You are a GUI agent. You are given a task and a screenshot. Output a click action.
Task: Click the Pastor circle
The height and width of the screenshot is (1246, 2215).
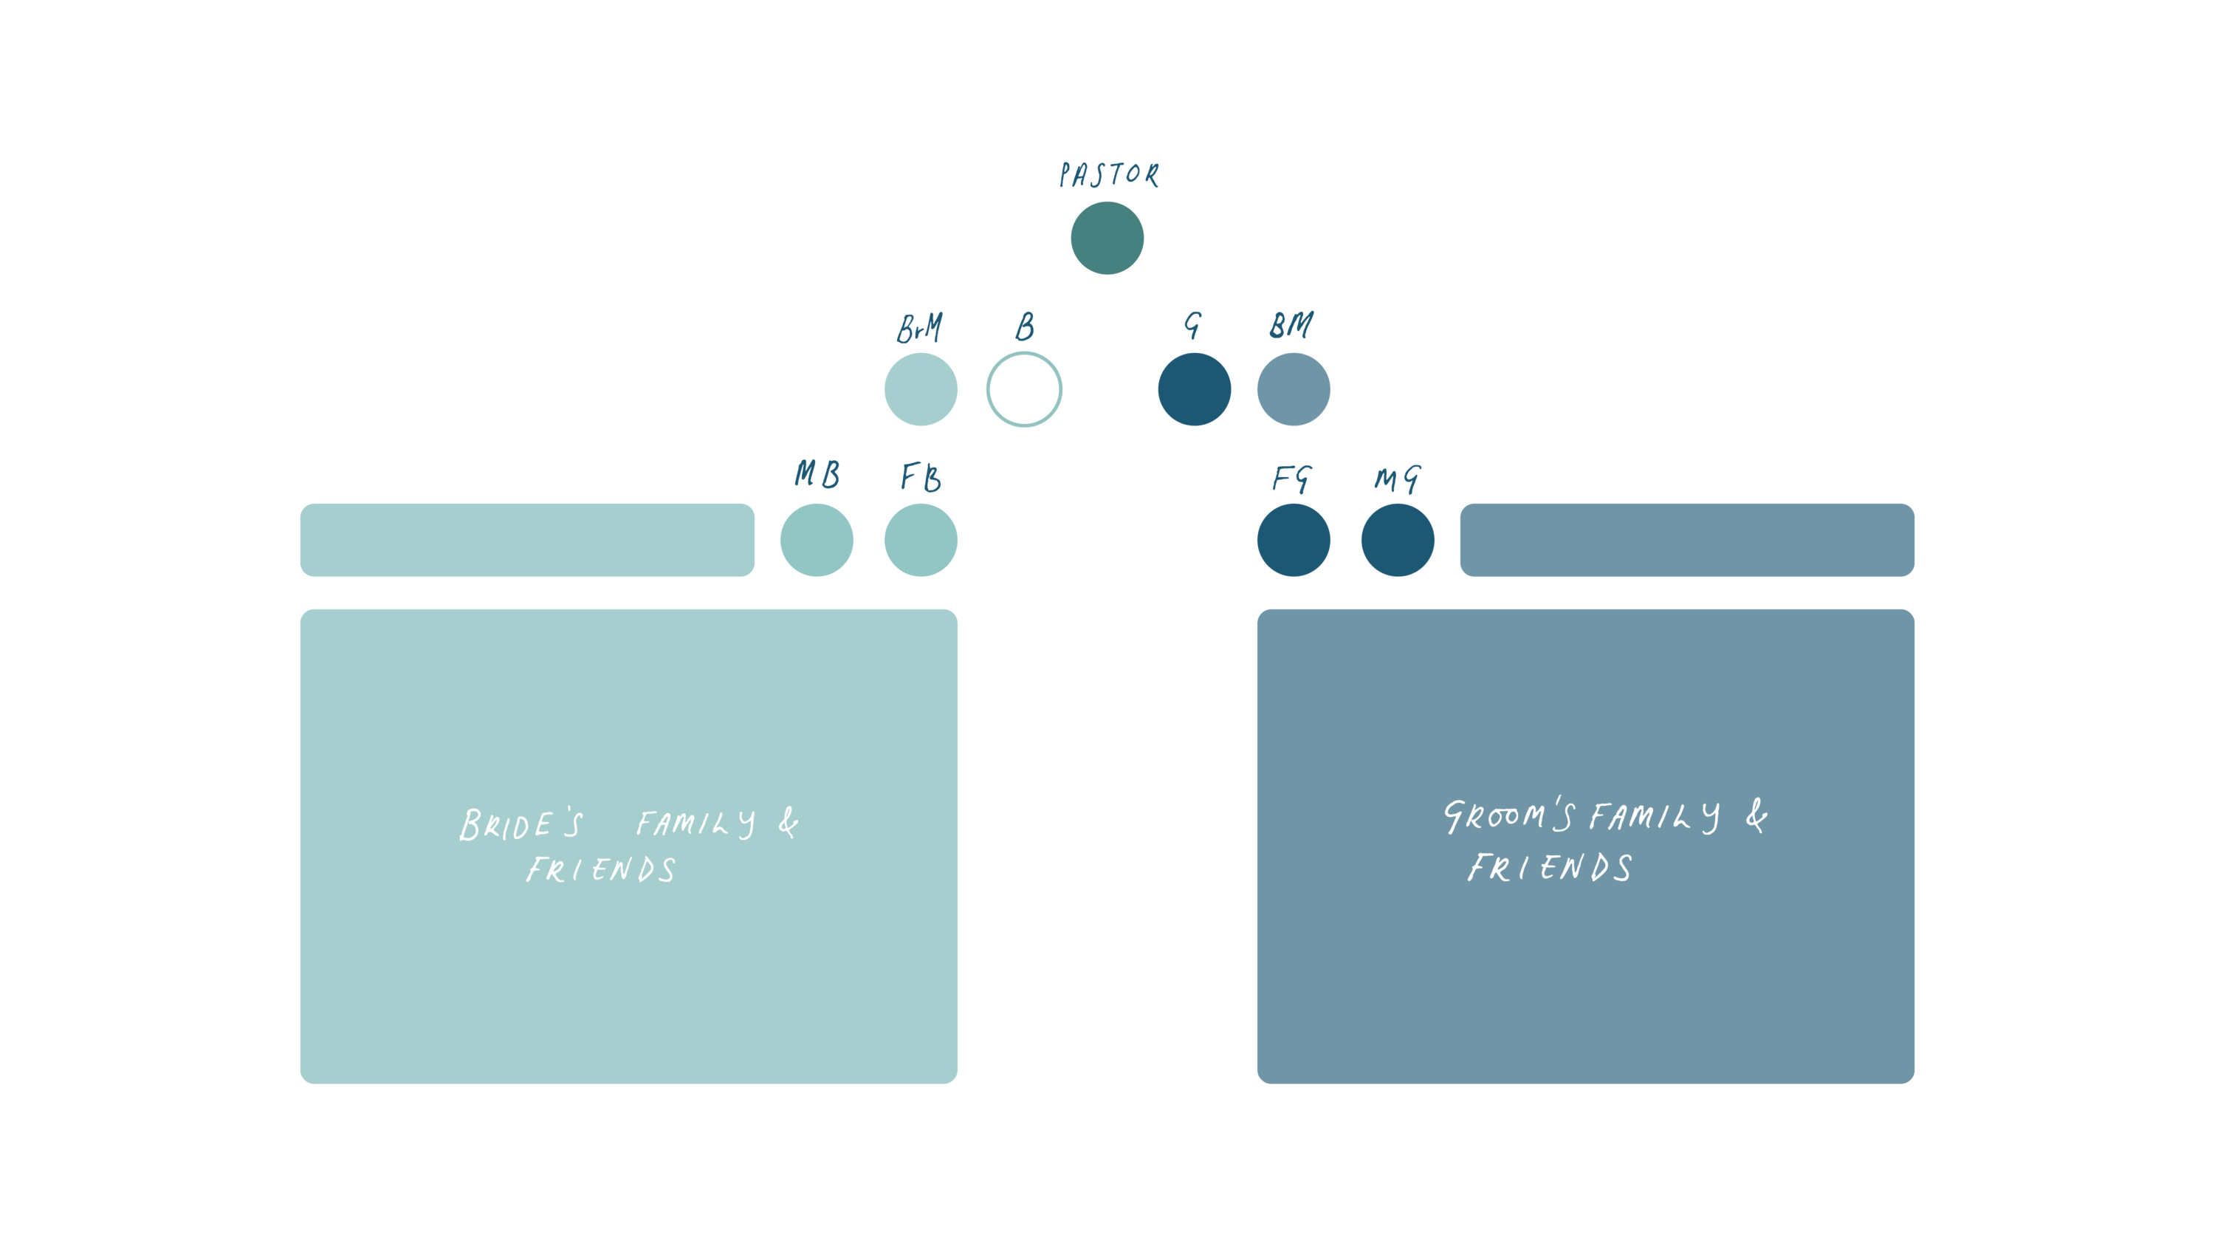[x=1107, y=238]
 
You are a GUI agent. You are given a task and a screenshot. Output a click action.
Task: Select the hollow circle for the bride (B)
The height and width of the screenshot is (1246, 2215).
[x=1023, y=388]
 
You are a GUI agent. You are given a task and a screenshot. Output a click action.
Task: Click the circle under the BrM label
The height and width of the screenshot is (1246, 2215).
[x=920, y=388]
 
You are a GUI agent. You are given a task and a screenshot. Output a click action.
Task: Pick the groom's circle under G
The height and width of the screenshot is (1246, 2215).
[x=1193, y=388]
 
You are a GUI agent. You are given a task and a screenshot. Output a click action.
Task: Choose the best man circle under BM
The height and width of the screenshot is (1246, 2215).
[x=1294, y=388]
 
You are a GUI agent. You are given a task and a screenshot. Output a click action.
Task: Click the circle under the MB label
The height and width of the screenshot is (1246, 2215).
[x=816, y=540]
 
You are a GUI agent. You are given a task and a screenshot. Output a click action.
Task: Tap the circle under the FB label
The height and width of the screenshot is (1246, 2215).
[x=920, y=540]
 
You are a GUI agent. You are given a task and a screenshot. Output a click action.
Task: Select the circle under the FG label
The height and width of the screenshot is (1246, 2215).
[x=1294, y=540]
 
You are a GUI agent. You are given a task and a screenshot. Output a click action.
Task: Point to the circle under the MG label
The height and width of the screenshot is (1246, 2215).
[x=1397, y=540]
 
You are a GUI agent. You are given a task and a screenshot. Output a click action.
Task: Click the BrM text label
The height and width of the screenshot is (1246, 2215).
[x=919, y=328]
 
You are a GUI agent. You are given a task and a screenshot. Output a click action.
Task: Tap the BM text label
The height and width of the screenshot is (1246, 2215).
[x=1291, y=325]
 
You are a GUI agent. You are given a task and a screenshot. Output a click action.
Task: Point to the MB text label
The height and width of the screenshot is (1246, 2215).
[x=817, y=474]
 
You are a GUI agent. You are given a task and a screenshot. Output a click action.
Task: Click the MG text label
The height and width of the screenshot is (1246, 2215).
[x=1397, y=479]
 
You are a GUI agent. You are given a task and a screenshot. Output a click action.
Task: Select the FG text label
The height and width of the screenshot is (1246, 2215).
[x=1292, y=478]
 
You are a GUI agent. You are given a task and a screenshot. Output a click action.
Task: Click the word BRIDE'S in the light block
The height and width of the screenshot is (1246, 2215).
[x=521, y=824]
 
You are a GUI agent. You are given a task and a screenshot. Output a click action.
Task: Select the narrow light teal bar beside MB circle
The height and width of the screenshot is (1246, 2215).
[x=527, y=540]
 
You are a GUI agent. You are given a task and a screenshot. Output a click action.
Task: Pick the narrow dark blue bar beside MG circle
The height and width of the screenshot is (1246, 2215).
[x=1686, y=540]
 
